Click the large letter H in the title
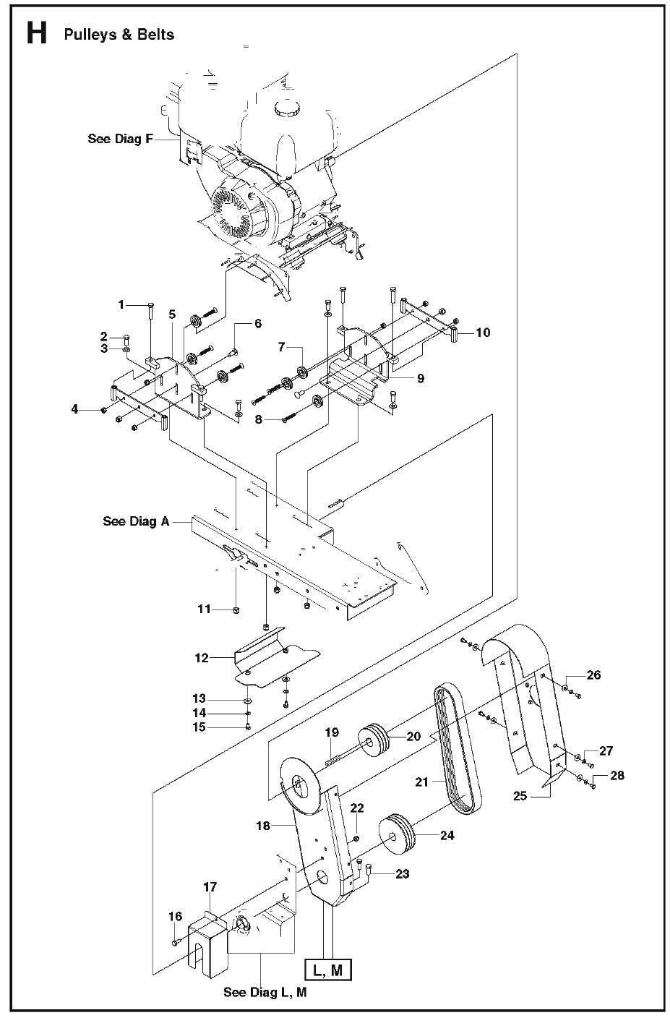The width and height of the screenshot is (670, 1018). point(36,33)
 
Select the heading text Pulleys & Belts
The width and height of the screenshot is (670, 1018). point(119,35)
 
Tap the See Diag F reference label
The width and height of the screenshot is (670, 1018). point(120,139)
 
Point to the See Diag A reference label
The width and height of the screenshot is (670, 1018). point(136,521)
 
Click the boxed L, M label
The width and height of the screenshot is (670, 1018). point(327,971)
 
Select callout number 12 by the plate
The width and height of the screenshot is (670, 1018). point(201,658)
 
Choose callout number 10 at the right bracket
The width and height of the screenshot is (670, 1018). point(483,332)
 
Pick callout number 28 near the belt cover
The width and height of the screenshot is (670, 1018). point(617,775)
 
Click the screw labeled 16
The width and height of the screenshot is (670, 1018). point(176,942)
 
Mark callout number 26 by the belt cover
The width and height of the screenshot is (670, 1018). point(593,675)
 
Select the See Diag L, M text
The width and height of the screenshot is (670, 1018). point(265,992)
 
